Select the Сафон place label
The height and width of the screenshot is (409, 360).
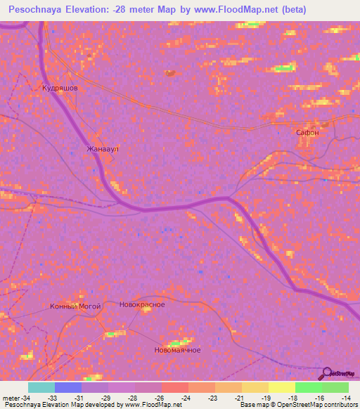307,132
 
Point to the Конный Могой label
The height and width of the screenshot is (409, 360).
75,306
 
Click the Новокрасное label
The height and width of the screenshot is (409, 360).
142,304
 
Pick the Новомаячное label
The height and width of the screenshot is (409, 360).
177,350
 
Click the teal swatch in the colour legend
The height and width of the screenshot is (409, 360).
41,387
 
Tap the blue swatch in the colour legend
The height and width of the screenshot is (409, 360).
68,387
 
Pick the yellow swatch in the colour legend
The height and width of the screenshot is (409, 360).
282,387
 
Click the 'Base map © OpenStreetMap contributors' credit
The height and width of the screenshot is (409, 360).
298,405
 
